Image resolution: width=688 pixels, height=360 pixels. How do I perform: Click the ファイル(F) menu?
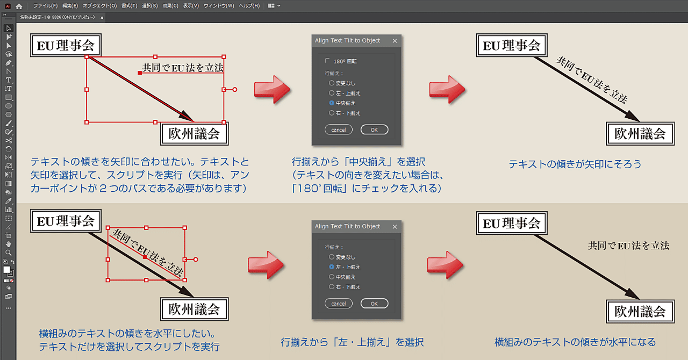click(45, 6)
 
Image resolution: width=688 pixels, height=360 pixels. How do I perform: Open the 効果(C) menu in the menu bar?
click(171, 6)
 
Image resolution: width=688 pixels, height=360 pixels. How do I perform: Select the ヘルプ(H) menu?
click(249, 6)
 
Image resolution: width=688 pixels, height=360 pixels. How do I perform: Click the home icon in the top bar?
click(19, 6)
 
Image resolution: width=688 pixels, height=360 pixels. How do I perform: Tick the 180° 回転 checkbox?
click(327, 61)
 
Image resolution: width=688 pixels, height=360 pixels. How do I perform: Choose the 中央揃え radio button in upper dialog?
click(332, 103)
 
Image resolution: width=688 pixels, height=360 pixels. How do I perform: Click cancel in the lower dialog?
click(339, 304)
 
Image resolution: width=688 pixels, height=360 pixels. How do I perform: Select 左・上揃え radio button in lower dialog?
click(332, 267)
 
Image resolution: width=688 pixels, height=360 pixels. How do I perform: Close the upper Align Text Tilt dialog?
click(395, 40)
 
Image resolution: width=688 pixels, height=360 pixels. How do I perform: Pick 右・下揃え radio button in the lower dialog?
click(332, 287)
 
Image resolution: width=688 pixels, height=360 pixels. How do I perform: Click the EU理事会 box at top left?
click(66, 46)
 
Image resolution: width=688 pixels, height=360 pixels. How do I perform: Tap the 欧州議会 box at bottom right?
click(640, 311)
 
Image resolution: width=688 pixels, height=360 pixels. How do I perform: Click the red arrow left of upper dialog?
click(272, 89)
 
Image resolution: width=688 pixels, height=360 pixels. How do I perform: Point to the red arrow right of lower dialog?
click(446, 264)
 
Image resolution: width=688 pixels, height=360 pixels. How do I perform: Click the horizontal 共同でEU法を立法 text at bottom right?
click(628, 246)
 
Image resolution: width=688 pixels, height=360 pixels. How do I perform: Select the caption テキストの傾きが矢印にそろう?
click(575, 164)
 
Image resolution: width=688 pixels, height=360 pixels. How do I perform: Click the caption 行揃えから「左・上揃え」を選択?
click(352, 342)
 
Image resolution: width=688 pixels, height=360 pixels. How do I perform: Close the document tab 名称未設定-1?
click(102, 17)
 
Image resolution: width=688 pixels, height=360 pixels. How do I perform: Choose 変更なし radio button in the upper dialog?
click(332, 83)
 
